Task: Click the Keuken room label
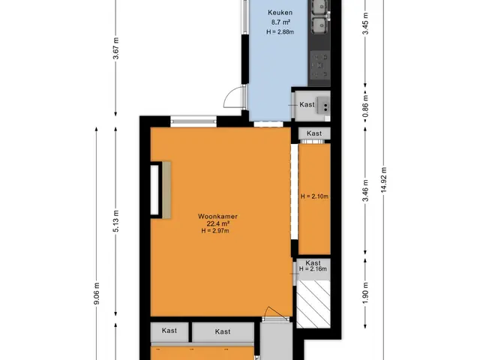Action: pyautogui.click(x=280, y=13)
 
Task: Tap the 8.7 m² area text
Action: pyautogui.click(x=280, y=22)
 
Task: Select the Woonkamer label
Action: pyautogui.click(x=217, y=217)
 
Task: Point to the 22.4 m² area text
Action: pyautogui.click(x=218, y=223)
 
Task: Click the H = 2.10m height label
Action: pyautogui.click(x=314, y=196)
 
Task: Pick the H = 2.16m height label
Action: pyautogui.click(x=313, y=269)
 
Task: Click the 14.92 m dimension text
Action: pyautogui.click(x=384, y=180)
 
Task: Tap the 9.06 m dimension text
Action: pyautogui.click(x=97, y=293)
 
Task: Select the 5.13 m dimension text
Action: pyautogui.click(x=115, y=221)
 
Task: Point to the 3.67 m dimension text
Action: pyautogui.click(x=115, y=48)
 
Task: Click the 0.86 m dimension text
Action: pyautogui.click(x=365, y=106)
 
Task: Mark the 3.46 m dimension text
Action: pyautogui.click(x=365, y=191)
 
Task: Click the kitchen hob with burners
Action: pyautogui.click(x=320, y=65)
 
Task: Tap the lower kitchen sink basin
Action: pyautogui.click(x=320, y=25)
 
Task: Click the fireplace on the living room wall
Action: pyautogui.click(x=160, y=190)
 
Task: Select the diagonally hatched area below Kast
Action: pyautogui.click(x=313, y=304)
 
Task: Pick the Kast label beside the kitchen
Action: pyautogui.click(x=307, y=105)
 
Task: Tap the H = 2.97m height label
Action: pyautogui.click(x=215, y=231)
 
